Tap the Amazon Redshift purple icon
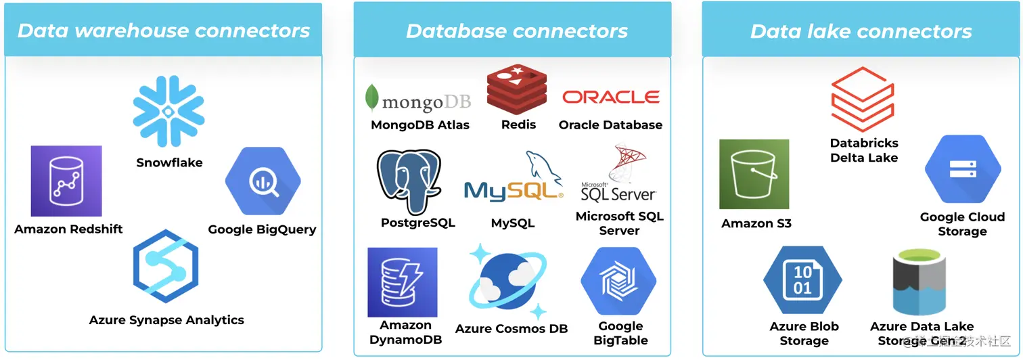click(66, 181)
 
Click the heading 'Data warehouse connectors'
click(163, 30)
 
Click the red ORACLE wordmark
click(611, 97)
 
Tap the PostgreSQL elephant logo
click(410, 181)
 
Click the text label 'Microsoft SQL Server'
click(619, 223)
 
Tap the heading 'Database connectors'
click(516, 30)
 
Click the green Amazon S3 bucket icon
click(754, 174)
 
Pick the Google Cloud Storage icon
click(962, 169)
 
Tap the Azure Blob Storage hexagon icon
click(802, 280)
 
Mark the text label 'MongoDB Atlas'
click(419, 125)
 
